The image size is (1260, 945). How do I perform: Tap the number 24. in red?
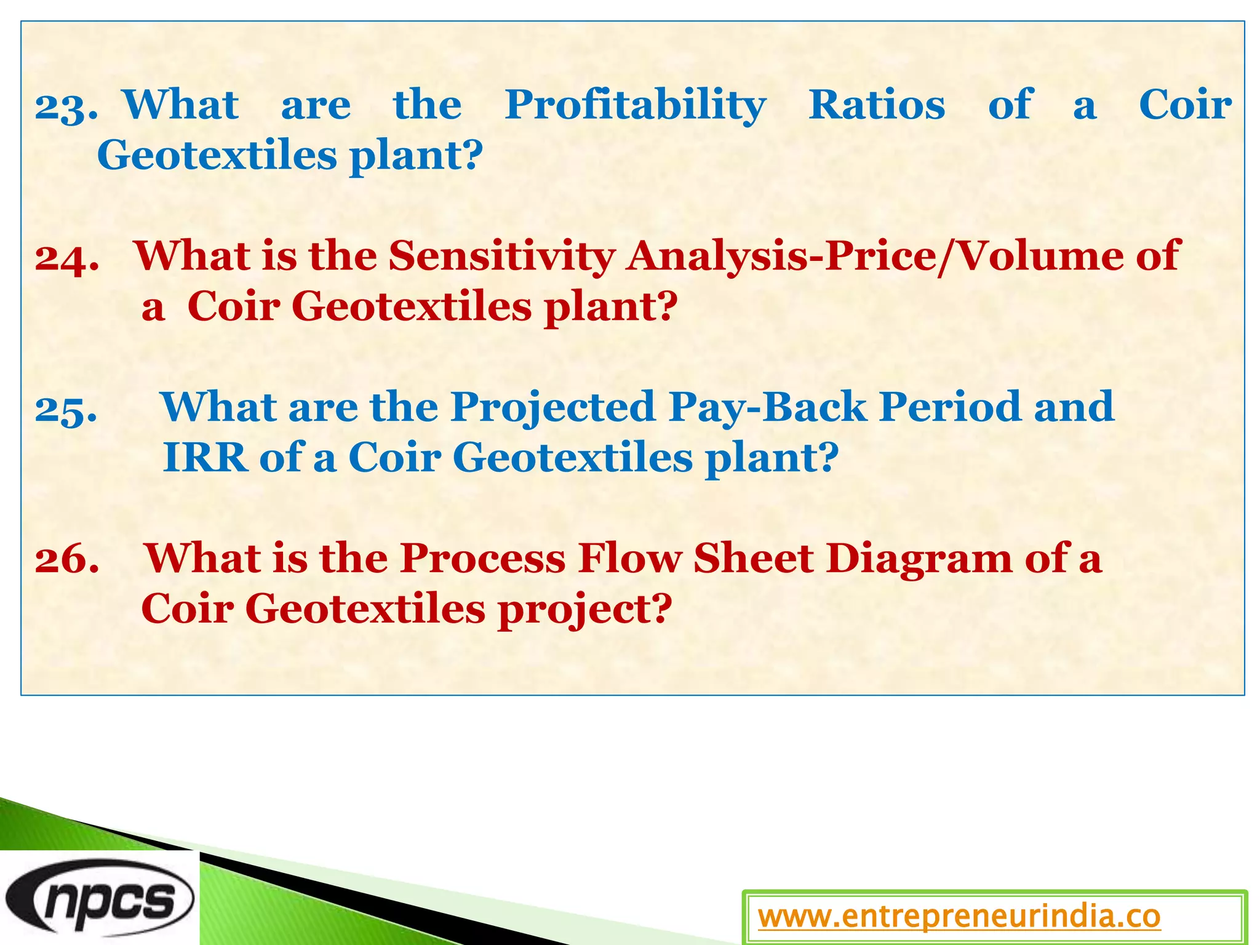(66, 258)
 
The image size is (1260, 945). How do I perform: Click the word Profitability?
(635, 105)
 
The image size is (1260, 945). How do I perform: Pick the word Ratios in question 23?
(876, 105)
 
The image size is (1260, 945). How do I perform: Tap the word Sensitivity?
(501, 256)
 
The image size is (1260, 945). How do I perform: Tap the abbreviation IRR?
(205, 458)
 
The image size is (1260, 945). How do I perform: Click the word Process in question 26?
(482, 559)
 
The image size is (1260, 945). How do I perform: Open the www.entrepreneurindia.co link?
(959, 917)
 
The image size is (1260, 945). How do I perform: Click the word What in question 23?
(180, 105)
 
